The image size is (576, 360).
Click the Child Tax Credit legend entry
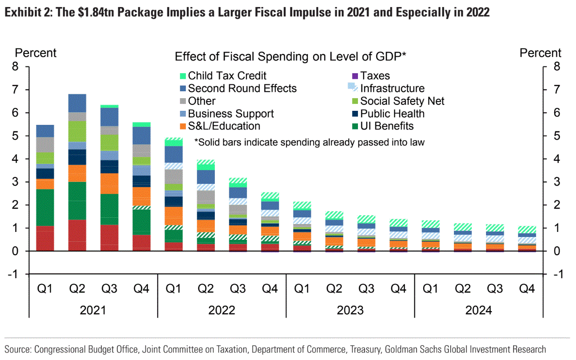(x=227, y=75)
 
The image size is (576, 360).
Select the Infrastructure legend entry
(x=392, y=88)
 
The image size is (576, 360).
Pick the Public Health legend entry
(x=392, y=114)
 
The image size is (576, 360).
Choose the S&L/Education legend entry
(x=224, y=126)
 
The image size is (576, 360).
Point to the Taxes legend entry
(x=375, y=75)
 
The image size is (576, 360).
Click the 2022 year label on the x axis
(x=222, y=310)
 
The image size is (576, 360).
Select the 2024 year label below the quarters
(x=479, y=310)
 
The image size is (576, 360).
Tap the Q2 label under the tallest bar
(x=77, y=289)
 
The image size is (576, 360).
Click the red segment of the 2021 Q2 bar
(x=77, y=235)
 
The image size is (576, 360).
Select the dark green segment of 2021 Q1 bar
(x=45, y=207)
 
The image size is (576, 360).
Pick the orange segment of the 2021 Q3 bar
(x=110, y=183)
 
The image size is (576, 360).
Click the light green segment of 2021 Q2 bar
(x=77, y=131)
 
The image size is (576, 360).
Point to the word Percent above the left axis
(x=36, y=53)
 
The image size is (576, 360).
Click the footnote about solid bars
(x=309, y=142)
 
